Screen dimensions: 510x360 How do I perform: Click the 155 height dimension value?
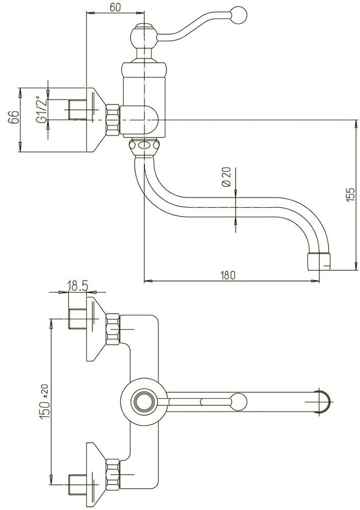point(349,195)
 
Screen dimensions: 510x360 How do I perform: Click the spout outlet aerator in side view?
point(319,261)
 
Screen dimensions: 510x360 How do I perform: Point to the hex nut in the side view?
point(113,120)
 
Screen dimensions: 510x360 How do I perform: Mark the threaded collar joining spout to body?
point(145,146)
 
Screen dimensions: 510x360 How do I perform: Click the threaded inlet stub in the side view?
point(77,110)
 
